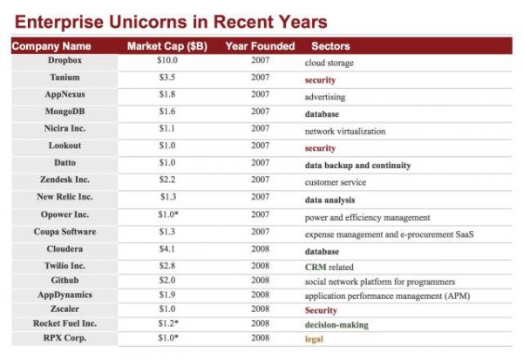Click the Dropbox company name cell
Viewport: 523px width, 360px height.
pos(65,62)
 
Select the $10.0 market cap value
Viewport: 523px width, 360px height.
pos(169,62)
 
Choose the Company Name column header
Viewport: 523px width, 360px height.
pos(51,45)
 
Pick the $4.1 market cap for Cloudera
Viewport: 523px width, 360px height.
pos(168,249)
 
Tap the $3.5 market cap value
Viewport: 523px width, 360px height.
pos(168,78)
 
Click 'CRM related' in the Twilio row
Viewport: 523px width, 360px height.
pos(329,267)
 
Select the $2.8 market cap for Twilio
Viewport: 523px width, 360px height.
pos(168,266)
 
